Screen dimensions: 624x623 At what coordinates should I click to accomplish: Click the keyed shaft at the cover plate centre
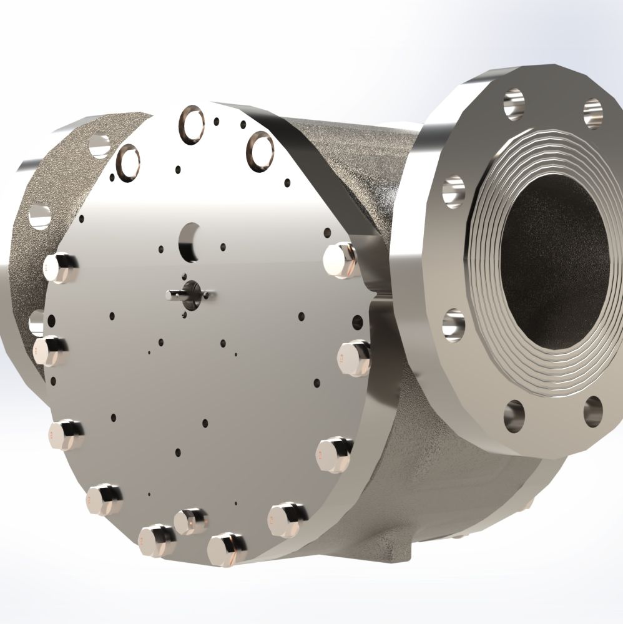click(187, 295)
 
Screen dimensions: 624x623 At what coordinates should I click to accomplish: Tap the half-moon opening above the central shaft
click(189, 241)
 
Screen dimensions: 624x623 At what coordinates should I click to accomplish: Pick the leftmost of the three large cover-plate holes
click(127, 162)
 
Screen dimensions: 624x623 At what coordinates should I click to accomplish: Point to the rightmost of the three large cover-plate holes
click(260, 150)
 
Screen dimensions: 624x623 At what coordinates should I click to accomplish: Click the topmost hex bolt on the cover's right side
click(341, 260)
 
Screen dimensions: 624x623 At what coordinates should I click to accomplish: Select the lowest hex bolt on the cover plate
click(227, 548)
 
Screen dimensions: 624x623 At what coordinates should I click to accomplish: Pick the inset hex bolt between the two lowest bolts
click(190, 521)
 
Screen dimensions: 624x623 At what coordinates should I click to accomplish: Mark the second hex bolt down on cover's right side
click(353, 358)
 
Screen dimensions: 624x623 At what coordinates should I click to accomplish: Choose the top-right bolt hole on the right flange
click(592, 113)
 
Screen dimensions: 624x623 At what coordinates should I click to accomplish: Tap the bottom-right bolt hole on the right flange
click(592, 412)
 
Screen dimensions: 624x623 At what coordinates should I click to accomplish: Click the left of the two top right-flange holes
click(514, 103)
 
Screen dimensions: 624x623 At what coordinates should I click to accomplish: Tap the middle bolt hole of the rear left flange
click(39, 217)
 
